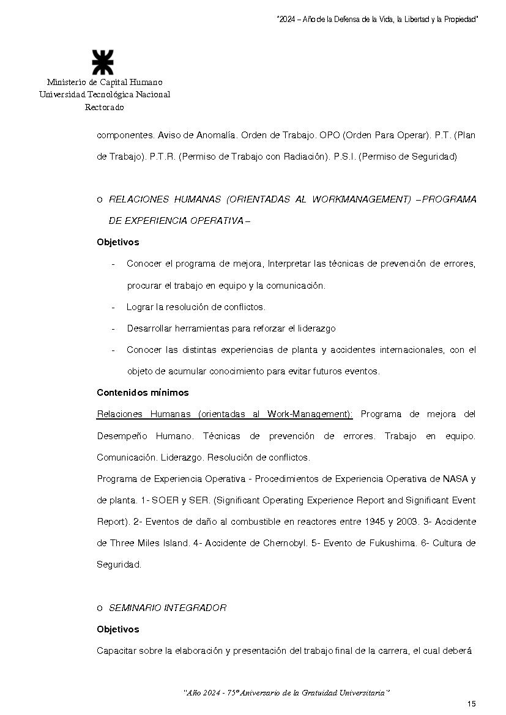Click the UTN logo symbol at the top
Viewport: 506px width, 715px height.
(x=102, y=63)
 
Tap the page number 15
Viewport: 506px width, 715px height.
(x=471, y=703)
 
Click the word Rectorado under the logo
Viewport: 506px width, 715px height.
(x=104, y=108)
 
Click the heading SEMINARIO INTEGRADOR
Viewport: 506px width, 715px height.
(x=168, y=608)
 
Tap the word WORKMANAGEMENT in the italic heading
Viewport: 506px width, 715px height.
(x=361, y=199)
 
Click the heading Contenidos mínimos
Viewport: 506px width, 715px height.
(x=143, y=393)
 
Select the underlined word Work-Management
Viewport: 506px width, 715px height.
(x=310, y=414)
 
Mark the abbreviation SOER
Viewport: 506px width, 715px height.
(x=165, y=500)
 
